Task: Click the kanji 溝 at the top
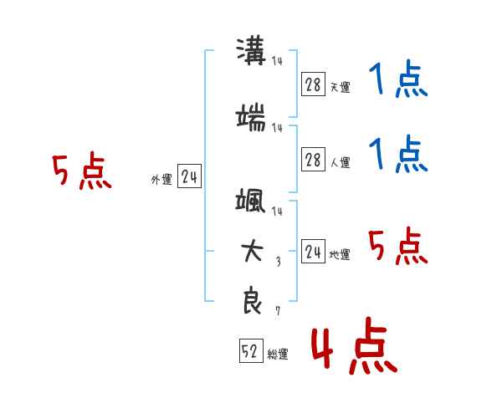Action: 251,51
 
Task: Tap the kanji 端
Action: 251,117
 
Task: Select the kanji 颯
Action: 250,200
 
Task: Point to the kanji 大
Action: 252,252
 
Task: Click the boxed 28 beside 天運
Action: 313,84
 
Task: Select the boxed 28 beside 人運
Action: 313,159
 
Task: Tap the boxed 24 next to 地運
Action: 313,251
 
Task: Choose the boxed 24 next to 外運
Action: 189,176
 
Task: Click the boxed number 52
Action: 251,350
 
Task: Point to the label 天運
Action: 340,87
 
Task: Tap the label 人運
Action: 340,162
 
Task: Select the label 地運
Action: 340,254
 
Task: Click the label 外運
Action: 161,180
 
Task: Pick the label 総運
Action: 278,354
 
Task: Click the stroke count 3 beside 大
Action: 279,262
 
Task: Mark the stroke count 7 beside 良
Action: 278,310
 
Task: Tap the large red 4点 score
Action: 354,346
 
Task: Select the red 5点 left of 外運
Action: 82,171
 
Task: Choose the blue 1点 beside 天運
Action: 398,79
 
